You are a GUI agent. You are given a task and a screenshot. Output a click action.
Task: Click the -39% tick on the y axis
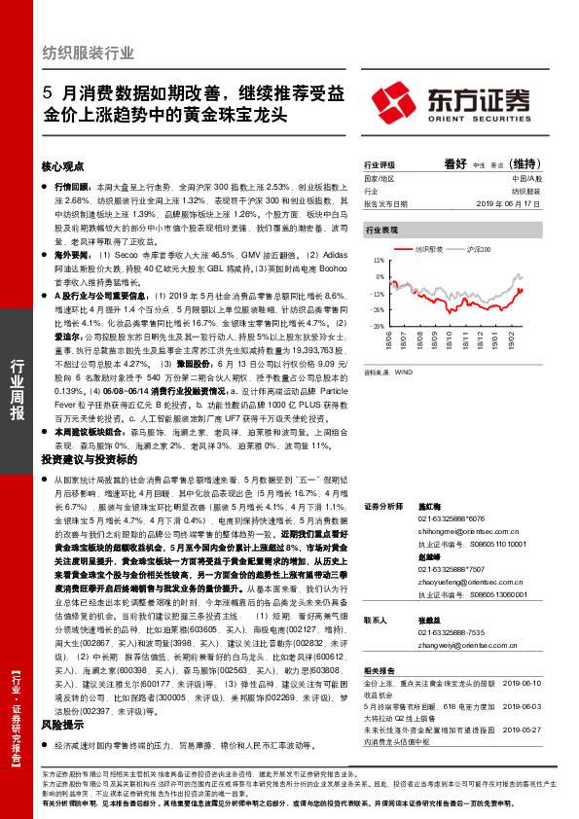coord(376,326)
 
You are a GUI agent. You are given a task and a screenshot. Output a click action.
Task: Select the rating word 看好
coord(454,164)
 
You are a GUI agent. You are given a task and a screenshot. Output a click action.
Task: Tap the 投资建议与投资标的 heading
coord(87,456)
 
